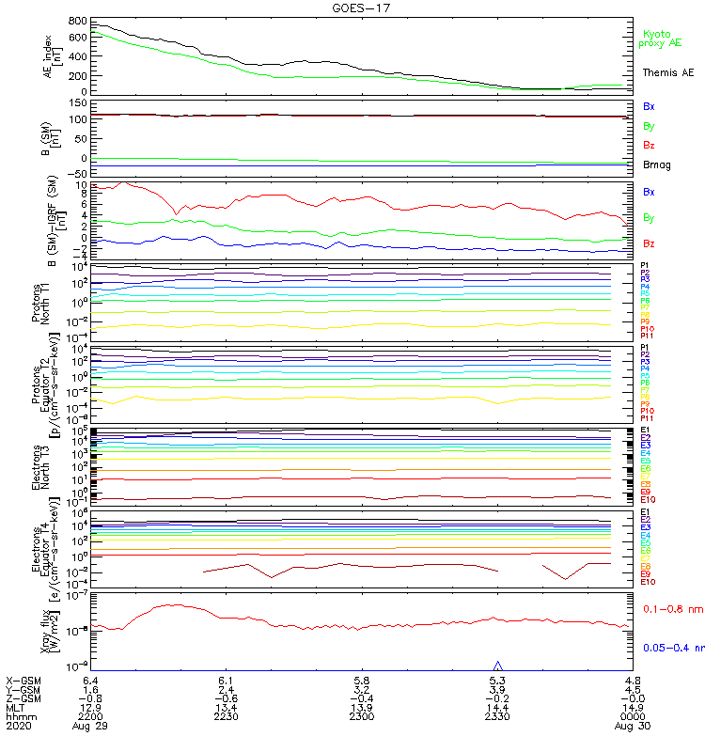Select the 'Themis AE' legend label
click(x=667, y=72)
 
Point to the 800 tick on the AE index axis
click(x=79, y=21)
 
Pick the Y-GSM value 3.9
click(x=497, y=691)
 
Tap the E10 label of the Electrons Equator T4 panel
click(x=648, y=581)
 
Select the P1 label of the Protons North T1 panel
click(x=646, y=266)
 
